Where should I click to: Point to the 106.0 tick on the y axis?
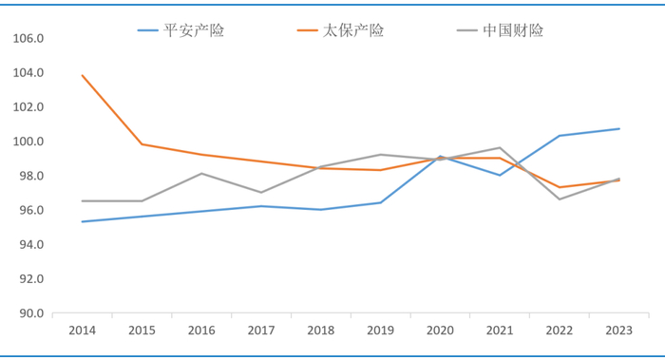pyautogui.click(x=28, y=39)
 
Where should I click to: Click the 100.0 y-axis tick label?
pyautogui.click(x=28, y=142)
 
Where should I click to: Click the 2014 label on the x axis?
pyautogui.click(x=83, y=330)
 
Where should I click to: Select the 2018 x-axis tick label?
pyautogui.click(x=321, y=330)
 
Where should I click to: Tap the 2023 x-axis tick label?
pyautogui.click(x=619, y=330)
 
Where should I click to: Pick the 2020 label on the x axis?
pyautogui.click(x=441, y=330)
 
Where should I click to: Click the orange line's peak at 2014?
pyautogui.click(x=83, y=75)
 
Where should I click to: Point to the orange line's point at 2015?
pyautogui.click(x=142, y=144)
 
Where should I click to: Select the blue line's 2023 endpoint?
pyautogui.click(x=619, y=128)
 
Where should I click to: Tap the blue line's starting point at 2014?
pyautogui.click(x=83, y=221)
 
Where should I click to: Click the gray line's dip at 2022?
pyautogui.click(x=560, y=199)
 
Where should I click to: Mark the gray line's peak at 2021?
pyautogui.click(x=500, y=147)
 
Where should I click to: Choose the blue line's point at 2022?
pyautogui.click(x=560, y=136)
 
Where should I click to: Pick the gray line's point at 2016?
pyautogui.click(x=201, y=174)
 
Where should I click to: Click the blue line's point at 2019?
pyautogui.click(x=381, y=202)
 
